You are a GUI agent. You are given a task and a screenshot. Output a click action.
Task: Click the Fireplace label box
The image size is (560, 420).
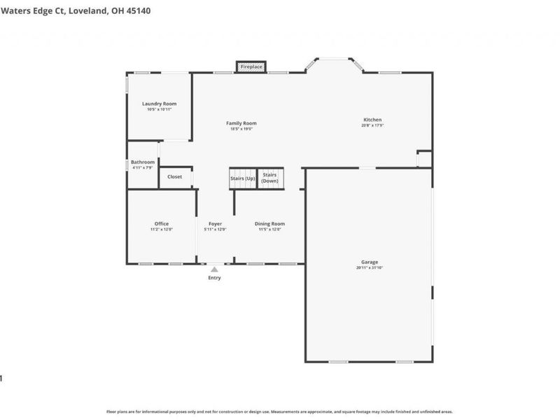[251, 66]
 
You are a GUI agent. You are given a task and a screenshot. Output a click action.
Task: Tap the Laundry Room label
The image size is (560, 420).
[160, 104]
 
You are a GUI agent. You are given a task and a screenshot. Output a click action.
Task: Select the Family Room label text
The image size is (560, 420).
[241, 123]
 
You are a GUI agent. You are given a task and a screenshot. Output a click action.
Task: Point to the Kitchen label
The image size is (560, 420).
[372, 120]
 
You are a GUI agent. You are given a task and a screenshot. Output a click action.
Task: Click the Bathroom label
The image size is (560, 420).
[143, 162]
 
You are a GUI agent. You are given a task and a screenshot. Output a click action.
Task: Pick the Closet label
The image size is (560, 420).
[174, 177]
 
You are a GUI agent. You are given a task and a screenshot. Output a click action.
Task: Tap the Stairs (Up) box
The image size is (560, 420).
[243, 178]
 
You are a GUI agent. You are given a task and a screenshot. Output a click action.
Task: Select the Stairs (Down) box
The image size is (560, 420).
[269, 178]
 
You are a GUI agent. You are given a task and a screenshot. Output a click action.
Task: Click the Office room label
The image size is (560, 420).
[161, 224]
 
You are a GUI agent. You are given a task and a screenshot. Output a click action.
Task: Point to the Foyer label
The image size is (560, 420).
[215, 224]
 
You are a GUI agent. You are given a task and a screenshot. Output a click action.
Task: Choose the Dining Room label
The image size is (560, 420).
[269, 224]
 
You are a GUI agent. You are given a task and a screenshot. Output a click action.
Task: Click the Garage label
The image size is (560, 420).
[370, 262]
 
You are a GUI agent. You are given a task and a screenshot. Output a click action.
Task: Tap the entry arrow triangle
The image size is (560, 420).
[215, 269]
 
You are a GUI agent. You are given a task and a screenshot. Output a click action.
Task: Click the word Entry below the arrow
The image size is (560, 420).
[214, 278]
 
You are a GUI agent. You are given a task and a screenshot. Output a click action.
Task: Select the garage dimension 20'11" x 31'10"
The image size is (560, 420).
[370, 267]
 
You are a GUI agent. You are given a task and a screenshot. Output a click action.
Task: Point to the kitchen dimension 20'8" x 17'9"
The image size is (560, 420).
[372, 125]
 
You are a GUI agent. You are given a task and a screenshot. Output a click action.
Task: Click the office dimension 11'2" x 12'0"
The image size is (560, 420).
[161, 230]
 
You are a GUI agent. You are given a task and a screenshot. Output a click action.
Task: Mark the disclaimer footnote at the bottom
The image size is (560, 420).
[279, 412]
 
